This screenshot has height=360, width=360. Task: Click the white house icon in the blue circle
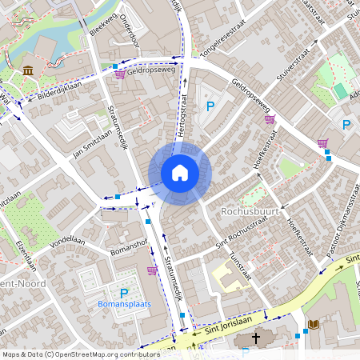(x=179, y=173)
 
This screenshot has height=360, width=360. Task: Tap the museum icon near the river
(x=28, y=71)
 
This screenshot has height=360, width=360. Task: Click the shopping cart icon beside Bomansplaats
(x=152, y=270)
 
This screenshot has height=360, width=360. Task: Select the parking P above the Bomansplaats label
(x=124, y=294)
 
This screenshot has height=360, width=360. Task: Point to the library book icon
(x=313, y=324)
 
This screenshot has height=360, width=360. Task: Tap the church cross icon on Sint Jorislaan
(x=256, y=338)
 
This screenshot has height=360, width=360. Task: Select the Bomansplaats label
(x=124, y=306)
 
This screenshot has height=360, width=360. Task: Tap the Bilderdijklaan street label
(x=59, y=90)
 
